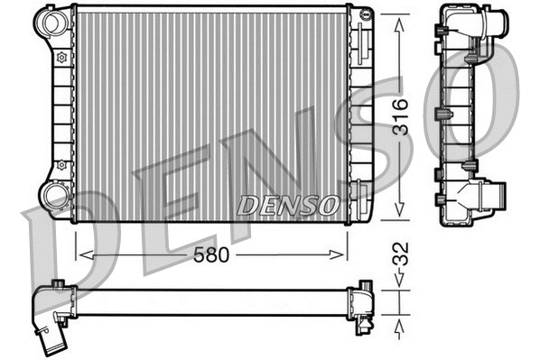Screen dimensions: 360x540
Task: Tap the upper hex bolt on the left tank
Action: point(61,57)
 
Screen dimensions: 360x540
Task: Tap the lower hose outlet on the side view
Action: point(495,195)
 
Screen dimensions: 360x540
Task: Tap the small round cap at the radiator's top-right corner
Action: point(366,13)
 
